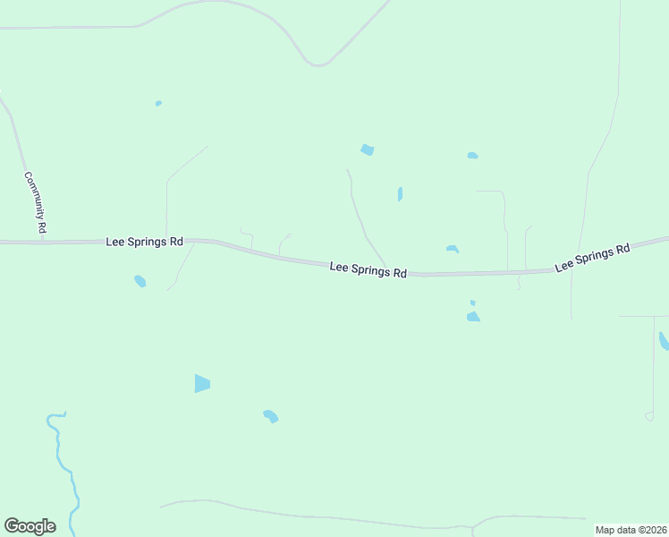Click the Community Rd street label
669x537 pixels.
pos(35,203)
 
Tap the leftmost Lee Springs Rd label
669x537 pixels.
pos(145,242)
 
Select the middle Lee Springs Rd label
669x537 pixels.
pos(368,268)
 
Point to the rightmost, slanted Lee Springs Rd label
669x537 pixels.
pos(592,256)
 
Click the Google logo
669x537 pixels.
pos(30,526)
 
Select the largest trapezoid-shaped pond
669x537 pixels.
pos(202,383)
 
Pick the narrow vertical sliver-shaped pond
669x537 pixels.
pos(400,193)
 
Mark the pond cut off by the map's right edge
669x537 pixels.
pos(664,341)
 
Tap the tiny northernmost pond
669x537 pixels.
pos(158,104)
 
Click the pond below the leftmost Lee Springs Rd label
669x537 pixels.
pos(140,282)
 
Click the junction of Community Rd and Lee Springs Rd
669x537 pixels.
pos(43,242)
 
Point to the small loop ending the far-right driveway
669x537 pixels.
pos(649,416)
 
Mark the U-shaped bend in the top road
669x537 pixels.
pos(318,64)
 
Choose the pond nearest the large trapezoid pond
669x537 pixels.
pos(271,416)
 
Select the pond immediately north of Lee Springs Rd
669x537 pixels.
pos(453,249)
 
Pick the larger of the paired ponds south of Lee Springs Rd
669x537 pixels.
pos(473,316)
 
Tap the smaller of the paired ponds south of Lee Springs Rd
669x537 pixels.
pos(472,303)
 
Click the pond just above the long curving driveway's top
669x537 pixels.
pos(367,149)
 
